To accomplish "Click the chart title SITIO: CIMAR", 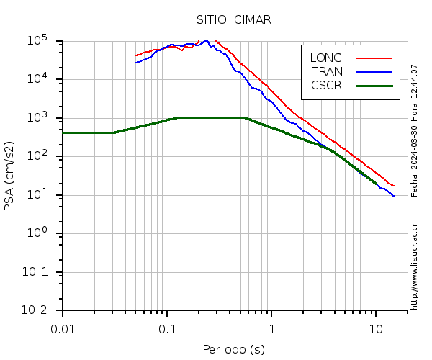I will pos(234,19).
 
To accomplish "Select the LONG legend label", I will pos(326,58).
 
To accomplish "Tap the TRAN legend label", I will pos(327,71).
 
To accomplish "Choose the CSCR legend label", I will pos(326,85).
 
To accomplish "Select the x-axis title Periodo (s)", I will pos(233,350).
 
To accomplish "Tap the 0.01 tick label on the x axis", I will pos(63,329).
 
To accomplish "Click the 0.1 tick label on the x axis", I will pos(167,329).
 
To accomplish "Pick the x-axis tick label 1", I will pos(271,329).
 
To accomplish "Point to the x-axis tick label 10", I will pos(375,329).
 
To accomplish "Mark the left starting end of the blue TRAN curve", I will pos(135,63).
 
